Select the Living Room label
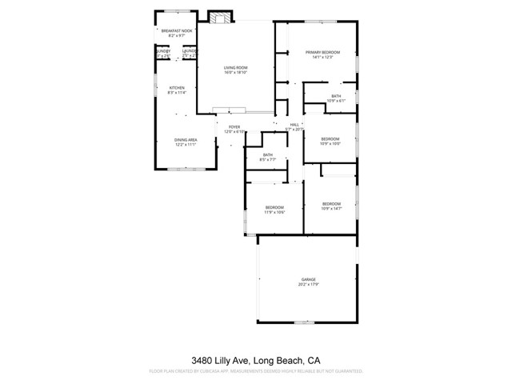coord(235,68)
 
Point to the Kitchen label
coord(176,88)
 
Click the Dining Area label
coord(186,140)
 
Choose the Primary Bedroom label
coord(323,53)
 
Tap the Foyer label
coord(234,126)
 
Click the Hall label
coord(294,125)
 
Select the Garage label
coord(308,279)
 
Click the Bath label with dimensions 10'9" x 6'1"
coord(335,96)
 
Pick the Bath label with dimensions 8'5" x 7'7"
coord(267,155)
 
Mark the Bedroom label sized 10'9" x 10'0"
coord(330,139)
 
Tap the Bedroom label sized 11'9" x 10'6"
coord(274,208)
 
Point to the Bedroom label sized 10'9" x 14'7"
coord(331,204)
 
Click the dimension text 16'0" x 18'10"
coord(235,73)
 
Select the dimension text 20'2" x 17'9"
coord(308,284)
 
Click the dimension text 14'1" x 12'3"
coord(323,58)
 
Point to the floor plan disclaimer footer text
coord(256,371)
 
